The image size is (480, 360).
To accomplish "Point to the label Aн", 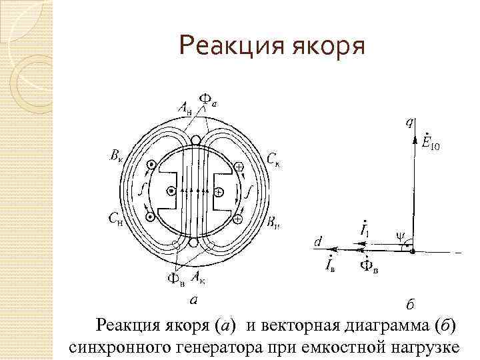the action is pos(185,108).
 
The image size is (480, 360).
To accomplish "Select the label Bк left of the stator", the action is pos(116,157).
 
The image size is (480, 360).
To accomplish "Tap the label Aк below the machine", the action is pos(199,275).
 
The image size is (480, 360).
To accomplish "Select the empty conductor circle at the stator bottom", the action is pos(194,243).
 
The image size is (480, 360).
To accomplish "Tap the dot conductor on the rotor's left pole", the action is pos(172,191).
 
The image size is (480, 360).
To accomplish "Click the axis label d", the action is pos(318,241).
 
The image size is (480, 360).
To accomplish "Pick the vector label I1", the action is pos(363,230).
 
